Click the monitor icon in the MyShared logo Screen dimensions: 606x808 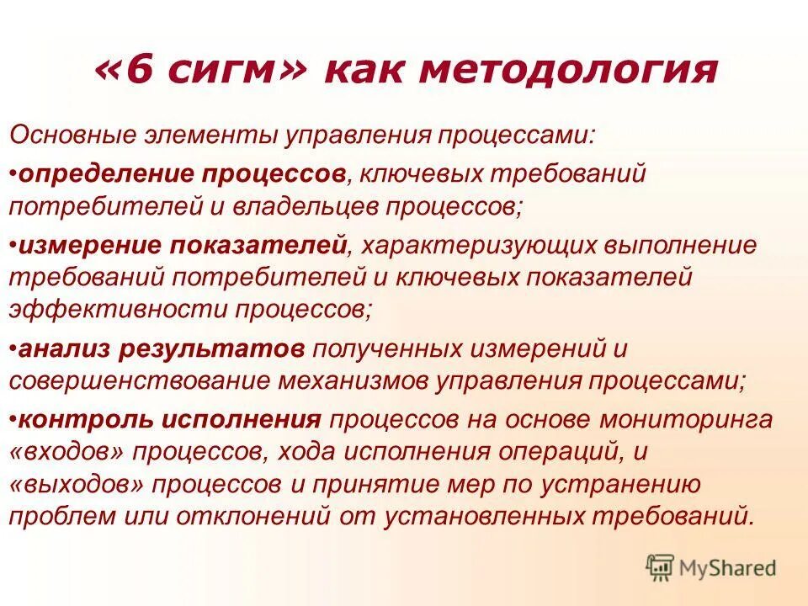click(x=661, y=566)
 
